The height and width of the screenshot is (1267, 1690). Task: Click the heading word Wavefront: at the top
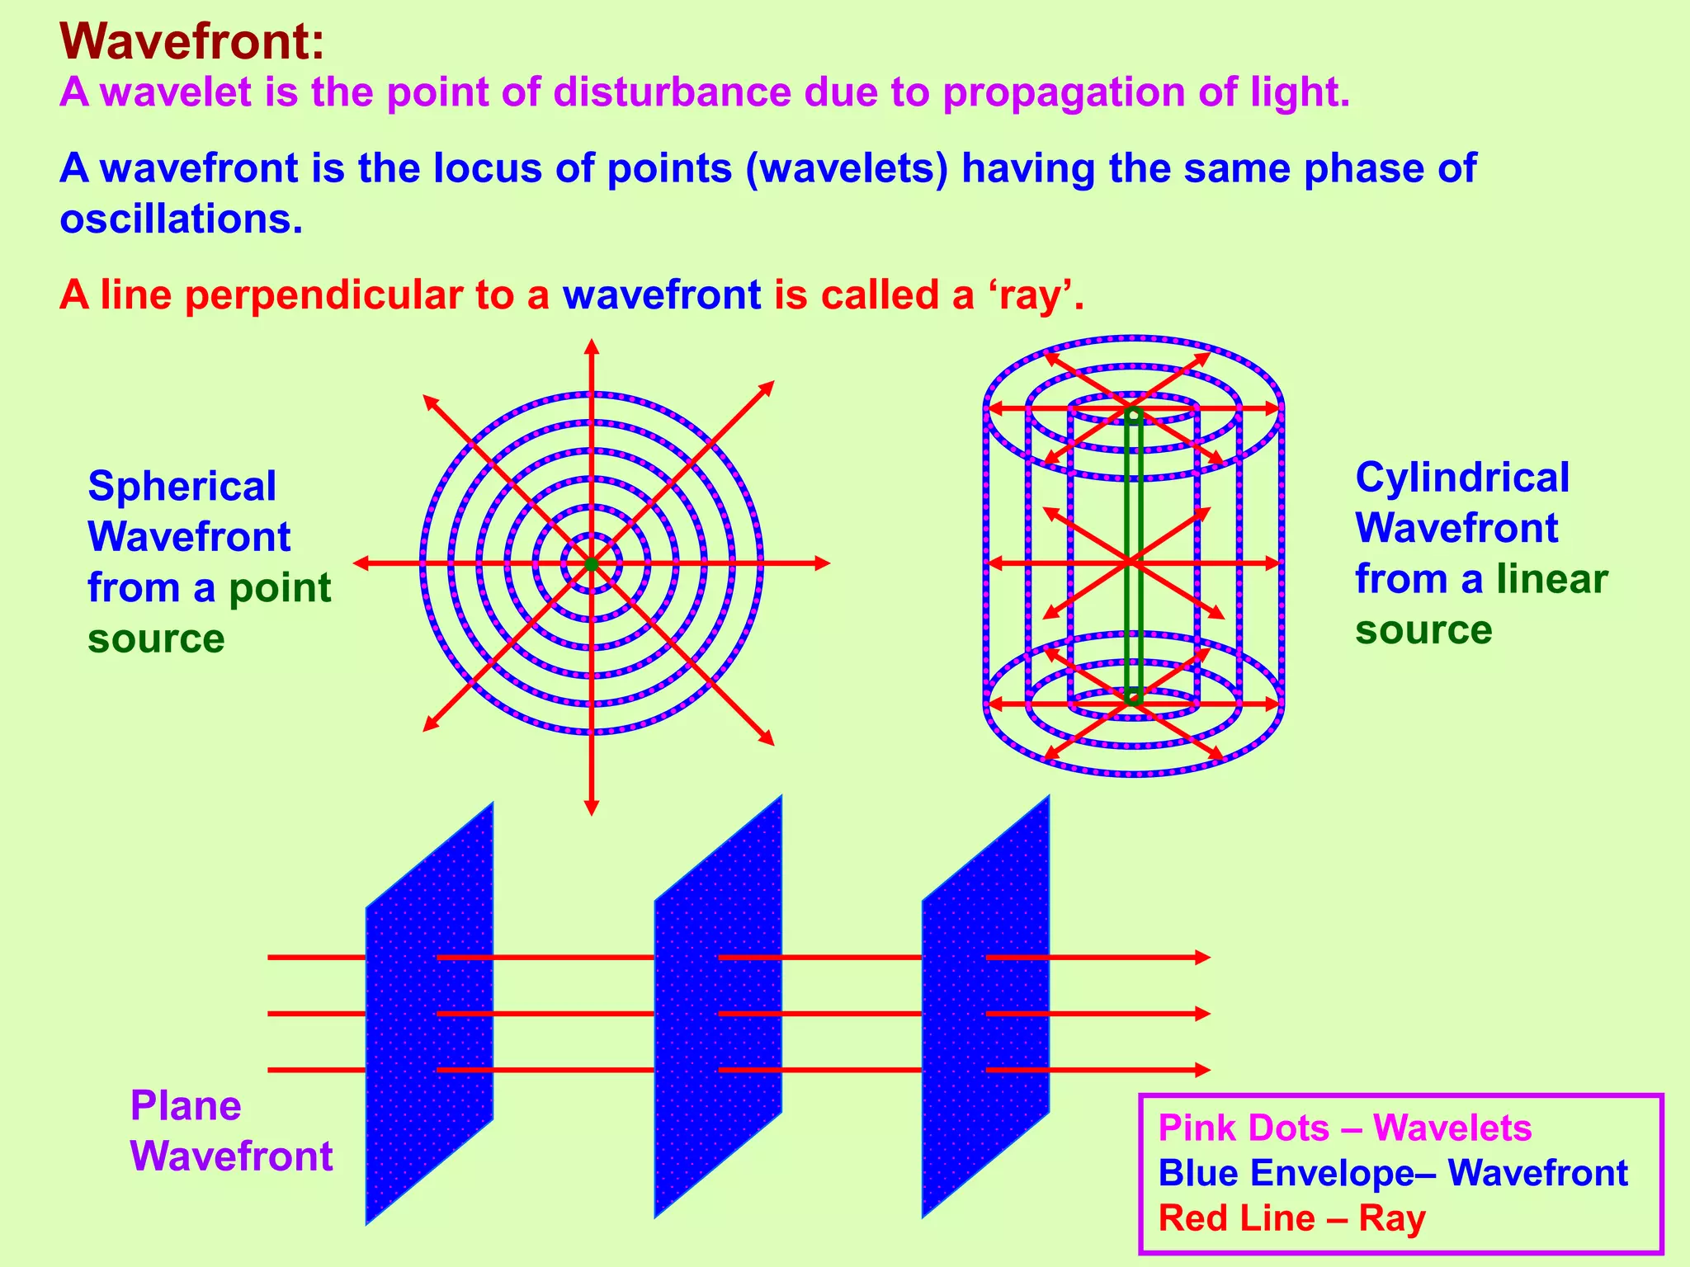click(191, 42)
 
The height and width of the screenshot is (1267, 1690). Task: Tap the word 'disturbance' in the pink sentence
click(673, 92)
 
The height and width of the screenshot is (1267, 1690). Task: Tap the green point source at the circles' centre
click(591, 564)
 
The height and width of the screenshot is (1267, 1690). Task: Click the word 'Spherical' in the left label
click(182, 486)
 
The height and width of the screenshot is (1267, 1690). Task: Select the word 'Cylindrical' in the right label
click(1462, 478)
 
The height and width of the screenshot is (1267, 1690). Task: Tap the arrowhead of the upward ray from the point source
click(591, 346)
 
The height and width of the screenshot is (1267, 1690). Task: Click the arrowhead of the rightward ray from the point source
click(822, 563)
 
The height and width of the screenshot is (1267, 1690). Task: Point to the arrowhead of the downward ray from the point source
click(591, 808)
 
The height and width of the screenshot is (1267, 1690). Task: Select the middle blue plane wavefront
click(718, 1006)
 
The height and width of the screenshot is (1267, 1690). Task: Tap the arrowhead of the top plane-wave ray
click(1203, 958)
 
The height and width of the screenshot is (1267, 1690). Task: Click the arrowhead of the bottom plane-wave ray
click(1203, 1070)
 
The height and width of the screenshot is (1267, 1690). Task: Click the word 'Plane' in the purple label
click(186, 1106)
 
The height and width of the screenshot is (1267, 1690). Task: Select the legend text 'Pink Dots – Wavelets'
click(1345, 1128)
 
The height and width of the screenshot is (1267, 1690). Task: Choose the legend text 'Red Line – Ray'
click(1291, 1218)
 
